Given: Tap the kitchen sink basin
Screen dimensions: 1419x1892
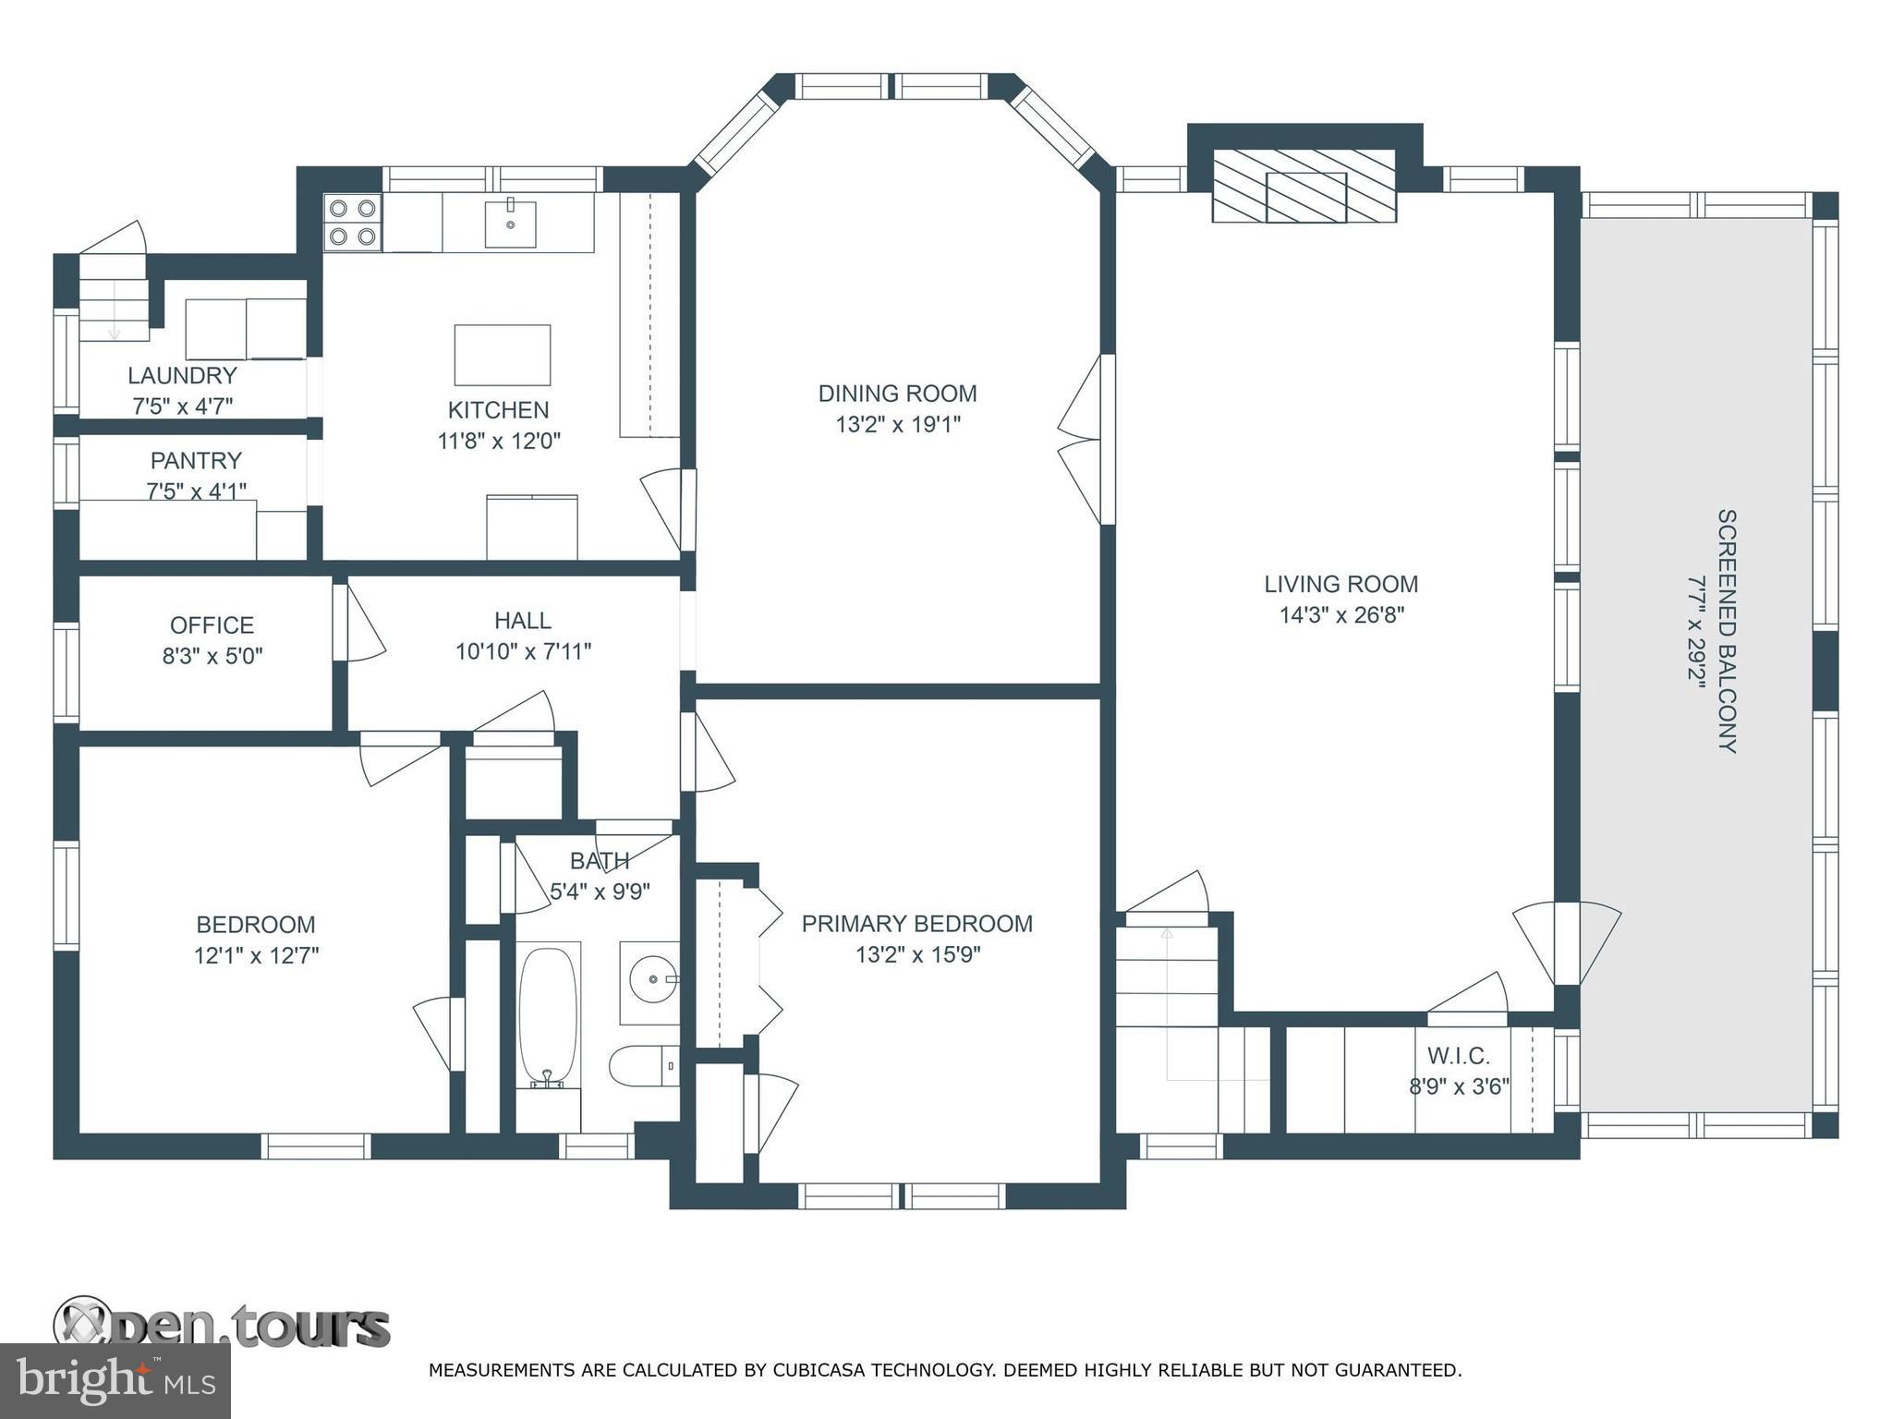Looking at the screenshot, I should pyautogui.click(x=510, y=223).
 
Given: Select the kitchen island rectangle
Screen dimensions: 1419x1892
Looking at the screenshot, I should pyautogui.click(x=502, y=355).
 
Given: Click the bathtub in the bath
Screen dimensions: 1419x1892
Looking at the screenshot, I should pyautogui.click(x=548, y=1016).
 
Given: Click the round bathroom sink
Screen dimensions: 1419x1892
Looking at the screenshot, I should pyautogui.click(x=652, y=978).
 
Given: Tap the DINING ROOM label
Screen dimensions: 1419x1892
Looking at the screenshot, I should pyautogui.click(x=897, y=394).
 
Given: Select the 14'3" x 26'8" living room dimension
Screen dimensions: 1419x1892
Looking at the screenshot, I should pyautogui.click(x=1341, y=615).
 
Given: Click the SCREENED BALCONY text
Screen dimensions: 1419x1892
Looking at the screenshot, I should pyautogui.click(x=1727, y=631).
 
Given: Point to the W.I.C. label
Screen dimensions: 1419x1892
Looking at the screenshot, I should pyautogui.click(x=1458, y=1055).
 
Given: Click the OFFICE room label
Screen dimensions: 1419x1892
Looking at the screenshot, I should pyautogui.click(x=212, y=625).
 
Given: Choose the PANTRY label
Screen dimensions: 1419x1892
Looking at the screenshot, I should pyautogui.click(x=196, y=460).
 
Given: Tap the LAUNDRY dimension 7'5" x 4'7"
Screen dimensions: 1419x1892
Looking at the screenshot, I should pyautogui.click(x=182, y=406).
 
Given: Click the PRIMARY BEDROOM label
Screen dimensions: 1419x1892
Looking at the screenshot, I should pyautogui.click(x=916, y=924).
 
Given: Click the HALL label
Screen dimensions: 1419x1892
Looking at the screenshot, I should pyautogui.click(x=522, y=621).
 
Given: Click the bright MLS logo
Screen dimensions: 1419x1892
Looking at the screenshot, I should pyautogui.click(x=115, y=1381).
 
